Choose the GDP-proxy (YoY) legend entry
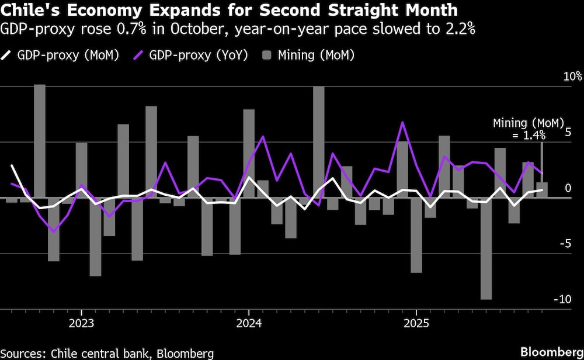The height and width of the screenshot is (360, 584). pos(193,55)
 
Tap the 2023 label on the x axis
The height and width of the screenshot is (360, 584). pos(81,323)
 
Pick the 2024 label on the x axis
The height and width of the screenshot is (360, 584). pos(248,323)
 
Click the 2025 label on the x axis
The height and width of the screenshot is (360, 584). pos(415,323)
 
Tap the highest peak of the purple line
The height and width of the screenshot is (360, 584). pos(402,123)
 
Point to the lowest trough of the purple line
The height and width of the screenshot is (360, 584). pos(54,232)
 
